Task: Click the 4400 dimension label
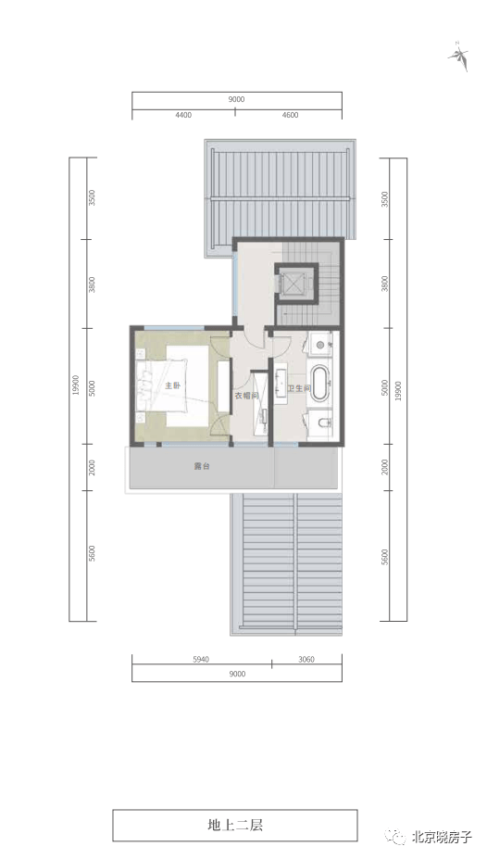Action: [182, 116]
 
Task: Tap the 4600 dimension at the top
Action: [290, 116]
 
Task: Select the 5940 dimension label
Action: [201, 660]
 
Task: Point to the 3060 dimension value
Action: [306, 660]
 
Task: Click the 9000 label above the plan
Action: [236, 98]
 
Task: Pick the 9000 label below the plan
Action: [236, 675]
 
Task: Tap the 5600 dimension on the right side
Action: [384, 555]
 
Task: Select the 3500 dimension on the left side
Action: [93, 199]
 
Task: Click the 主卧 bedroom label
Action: [171, 385]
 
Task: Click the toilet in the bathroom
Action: [320, 423]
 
